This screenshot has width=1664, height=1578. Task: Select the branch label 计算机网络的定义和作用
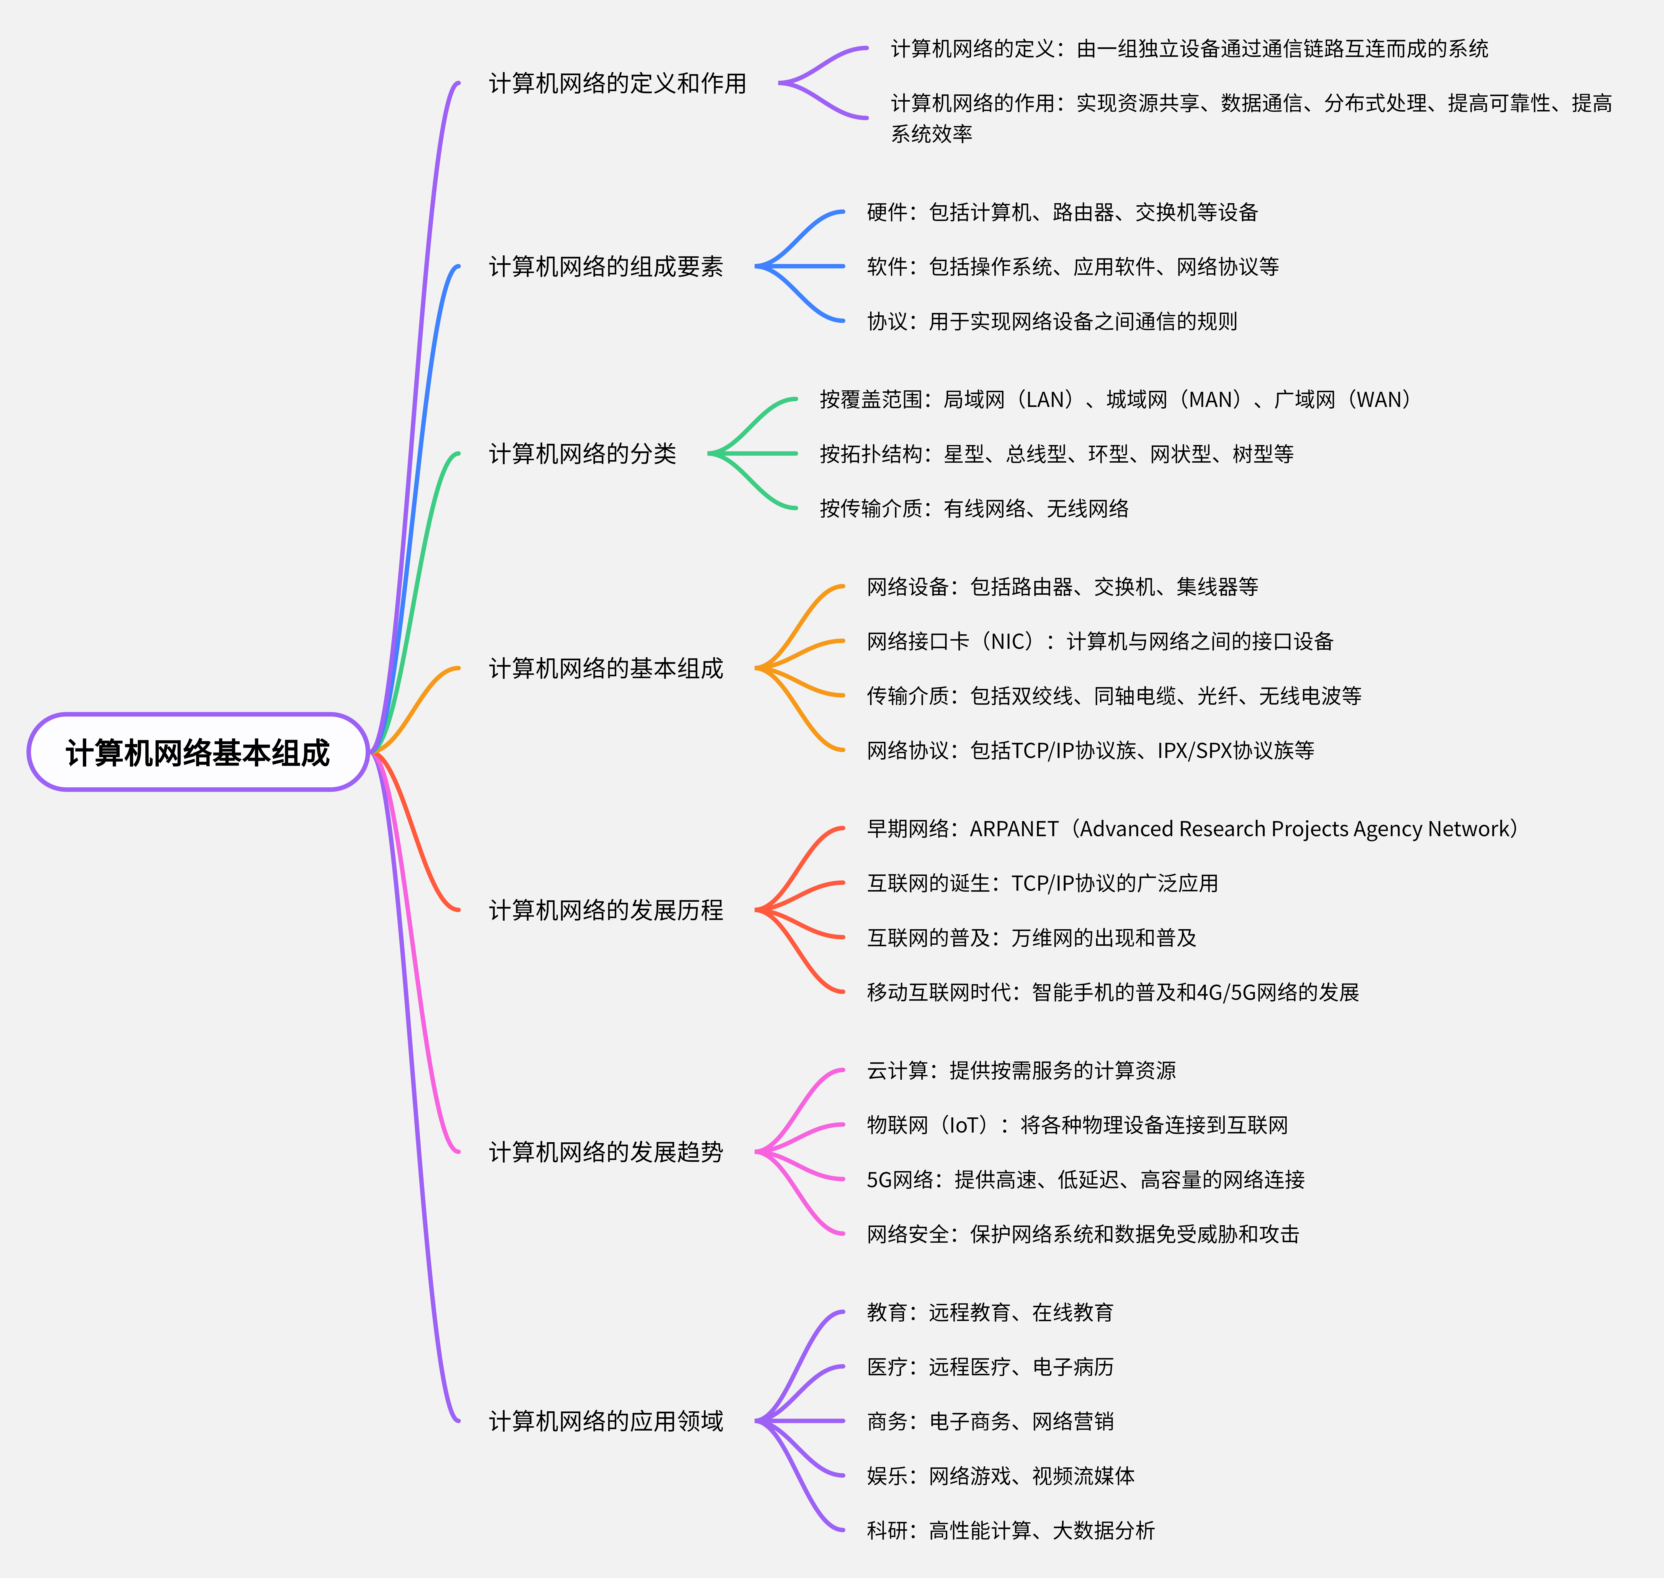617,83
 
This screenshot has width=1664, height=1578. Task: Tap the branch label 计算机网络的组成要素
605,267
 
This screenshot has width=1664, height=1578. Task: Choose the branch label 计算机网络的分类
582,454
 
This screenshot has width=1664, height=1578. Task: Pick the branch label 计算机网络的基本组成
605,669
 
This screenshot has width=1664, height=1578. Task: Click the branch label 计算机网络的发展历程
605,910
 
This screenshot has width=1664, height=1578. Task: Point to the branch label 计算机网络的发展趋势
605,1152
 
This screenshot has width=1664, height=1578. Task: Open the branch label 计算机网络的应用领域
605,1422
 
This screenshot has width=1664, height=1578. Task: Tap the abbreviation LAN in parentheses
1048,400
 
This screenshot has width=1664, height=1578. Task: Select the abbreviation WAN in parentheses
1382,400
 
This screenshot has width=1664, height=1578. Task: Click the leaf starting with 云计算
1021,1071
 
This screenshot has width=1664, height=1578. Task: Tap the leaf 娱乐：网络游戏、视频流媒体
1001,1476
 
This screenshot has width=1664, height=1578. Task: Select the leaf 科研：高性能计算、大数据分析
1011,1531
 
